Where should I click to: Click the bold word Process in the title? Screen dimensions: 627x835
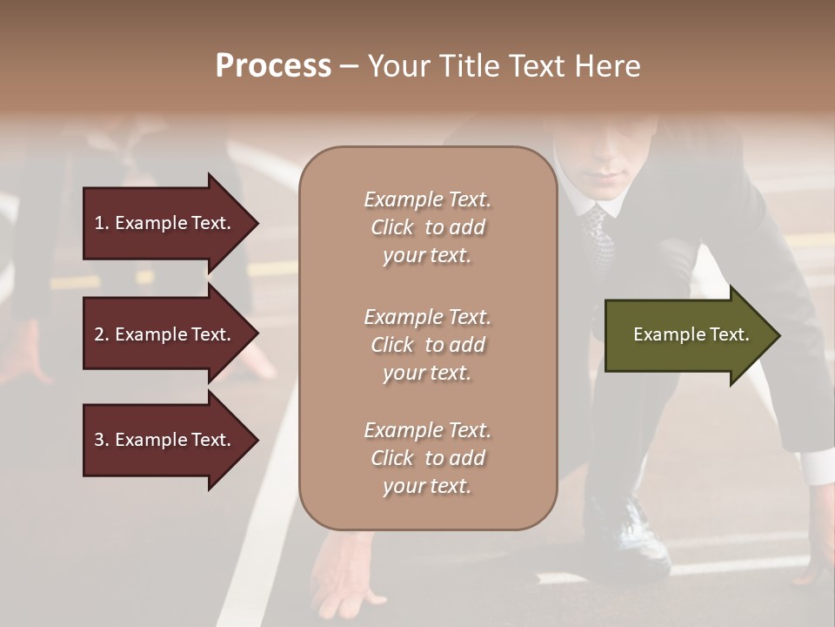(x=273, y=66)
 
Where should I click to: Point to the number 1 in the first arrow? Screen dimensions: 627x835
(x=99, y=223)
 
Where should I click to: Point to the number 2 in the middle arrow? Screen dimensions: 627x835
(x=99, y=334)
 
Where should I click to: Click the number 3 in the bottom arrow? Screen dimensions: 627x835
(x=99, y=440)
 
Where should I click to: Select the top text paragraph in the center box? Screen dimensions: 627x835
(x=427, y=227)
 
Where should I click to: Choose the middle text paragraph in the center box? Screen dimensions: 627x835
(x=427, y=345)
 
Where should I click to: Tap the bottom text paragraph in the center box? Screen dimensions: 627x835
(x=427, y=458)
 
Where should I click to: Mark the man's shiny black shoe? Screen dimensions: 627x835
(x=631, y=531)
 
